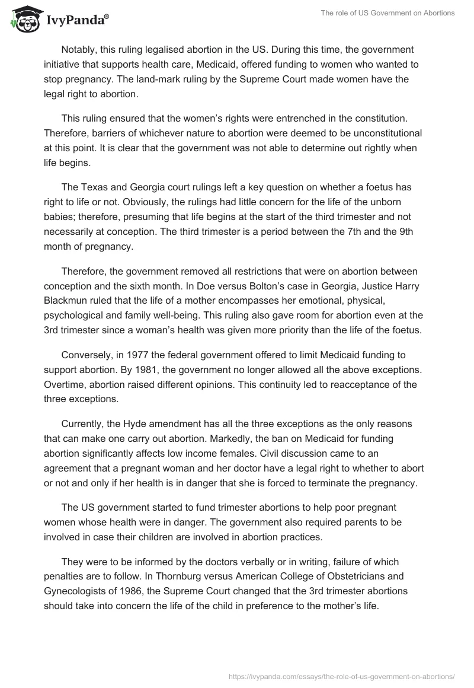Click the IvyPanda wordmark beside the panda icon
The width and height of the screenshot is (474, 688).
pos(73,21)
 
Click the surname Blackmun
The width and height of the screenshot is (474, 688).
pos(64,301)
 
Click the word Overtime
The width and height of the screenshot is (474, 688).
pos(65,384)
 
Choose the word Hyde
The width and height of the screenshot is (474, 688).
pos(136,424)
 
